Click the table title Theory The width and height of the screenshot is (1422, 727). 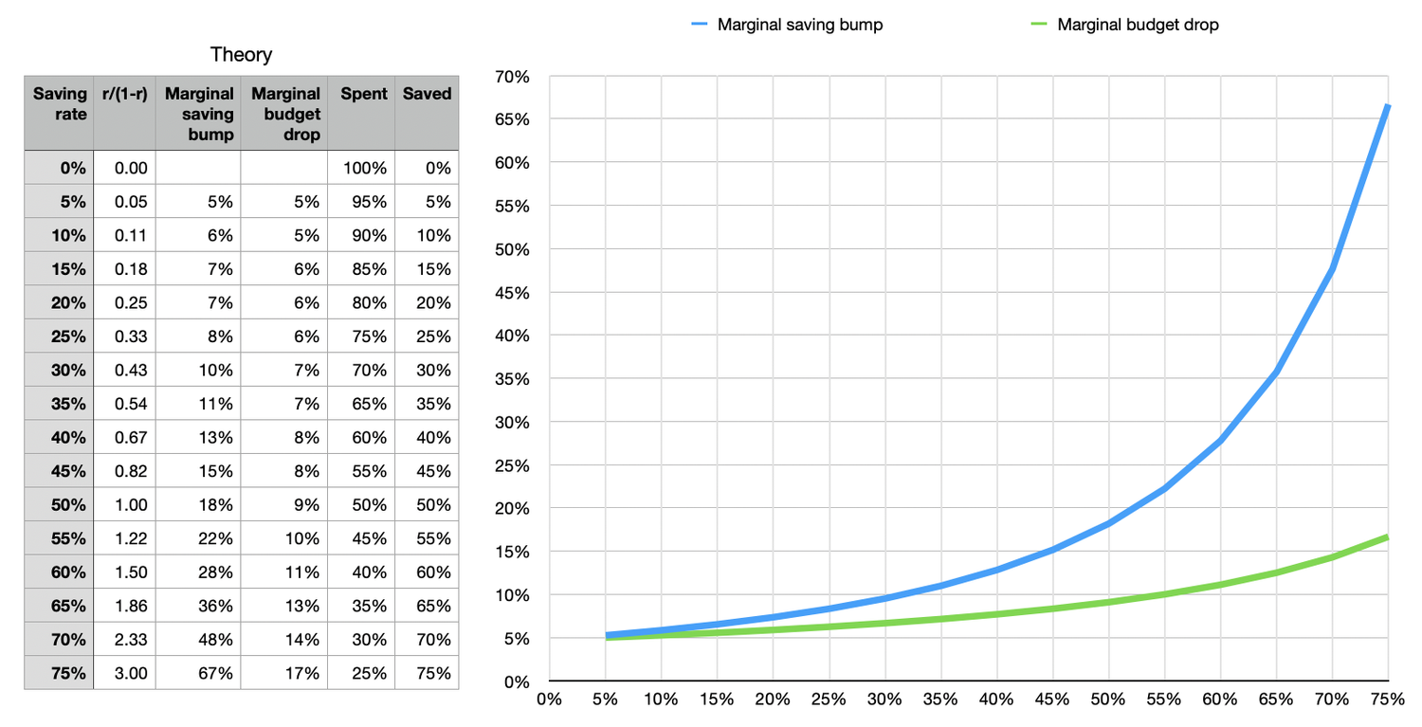241,54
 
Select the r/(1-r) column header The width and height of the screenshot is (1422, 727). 124,94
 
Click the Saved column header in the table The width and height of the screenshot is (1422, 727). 427,94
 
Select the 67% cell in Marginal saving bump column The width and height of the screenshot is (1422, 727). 216,673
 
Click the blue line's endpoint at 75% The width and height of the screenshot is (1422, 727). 1388,105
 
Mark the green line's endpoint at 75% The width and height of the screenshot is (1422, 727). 1388,537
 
